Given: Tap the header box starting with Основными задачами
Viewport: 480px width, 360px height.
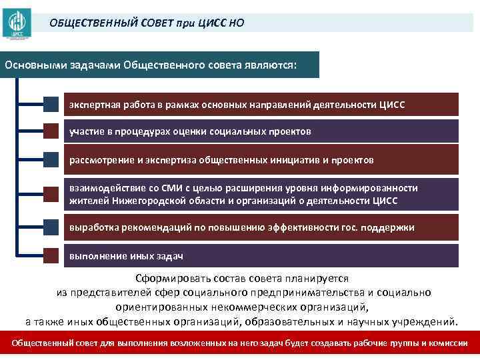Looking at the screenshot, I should [160, 65].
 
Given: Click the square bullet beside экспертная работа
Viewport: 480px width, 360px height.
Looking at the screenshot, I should [52, 105].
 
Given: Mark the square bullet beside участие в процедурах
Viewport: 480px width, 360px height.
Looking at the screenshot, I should [52, 131].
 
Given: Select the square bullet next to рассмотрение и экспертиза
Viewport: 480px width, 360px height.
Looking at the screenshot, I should [52, 160].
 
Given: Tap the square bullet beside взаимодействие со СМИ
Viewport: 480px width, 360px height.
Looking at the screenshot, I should [52, 194].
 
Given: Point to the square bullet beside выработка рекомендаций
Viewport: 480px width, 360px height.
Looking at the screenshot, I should [52, 227].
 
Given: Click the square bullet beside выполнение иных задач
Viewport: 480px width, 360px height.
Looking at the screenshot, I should [52, 256].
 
